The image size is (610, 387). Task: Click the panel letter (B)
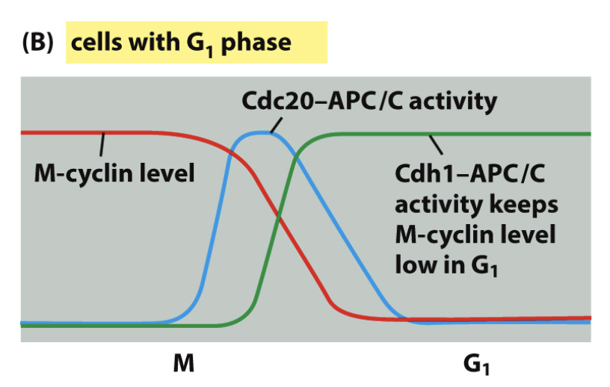37,42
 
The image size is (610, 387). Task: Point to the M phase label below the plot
184,364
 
